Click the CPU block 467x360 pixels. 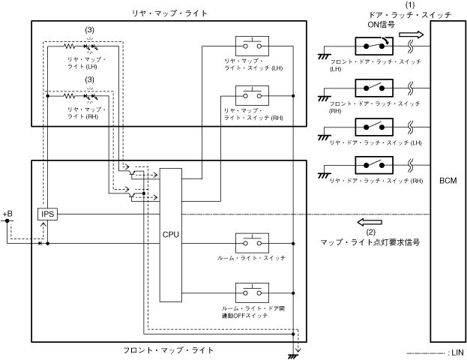pos(170,233)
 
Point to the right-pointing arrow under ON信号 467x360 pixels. pos(411,34)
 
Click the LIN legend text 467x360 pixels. pos(454,352)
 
